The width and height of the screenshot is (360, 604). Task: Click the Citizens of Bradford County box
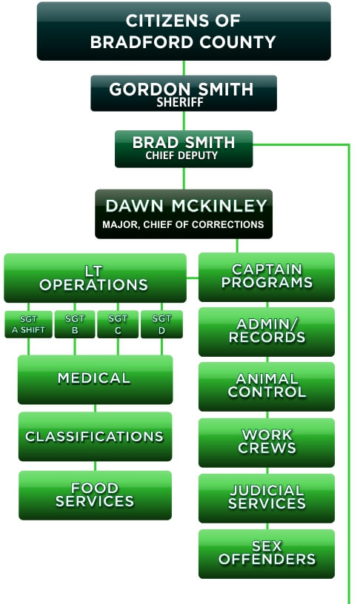click(184, 31)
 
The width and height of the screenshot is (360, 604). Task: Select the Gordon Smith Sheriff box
click(184, 93)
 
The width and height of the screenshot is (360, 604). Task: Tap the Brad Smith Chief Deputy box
click(184, 149)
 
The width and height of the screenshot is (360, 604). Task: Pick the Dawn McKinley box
click(184, 214)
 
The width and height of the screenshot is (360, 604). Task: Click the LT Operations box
click(96, 278)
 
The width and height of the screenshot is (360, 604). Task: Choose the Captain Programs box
click(267, 277)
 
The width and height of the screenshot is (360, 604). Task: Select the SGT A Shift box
click(29, 324)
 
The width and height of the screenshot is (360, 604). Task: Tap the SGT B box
click(75, 324)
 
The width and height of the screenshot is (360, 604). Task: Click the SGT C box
click(118, 324)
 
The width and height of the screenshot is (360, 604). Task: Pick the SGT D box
click(162, 324)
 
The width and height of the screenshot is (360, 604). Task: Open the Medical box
click(96, 380)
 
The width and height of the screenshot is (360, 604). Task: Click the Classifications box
click(96, 437)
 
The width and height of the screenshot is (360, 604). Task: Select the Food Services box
click(96, 495)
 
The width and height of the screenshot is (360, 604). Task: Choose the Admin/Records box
click(267, 332)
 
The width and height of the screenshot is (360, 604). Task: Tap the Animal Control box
click(267, 386)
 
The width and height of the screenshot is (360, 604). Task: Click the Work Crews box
click(267, 443)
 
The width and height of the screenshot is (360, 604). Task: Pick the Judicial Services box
click(267, 498)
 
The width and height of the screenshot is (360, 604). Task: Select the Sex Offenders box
click(267, 554)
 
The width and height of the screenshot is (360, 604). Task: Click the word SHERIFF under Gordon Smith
click(180, 102)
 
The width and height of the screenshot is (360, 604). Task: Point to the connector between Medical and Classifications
click(96, 409)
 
